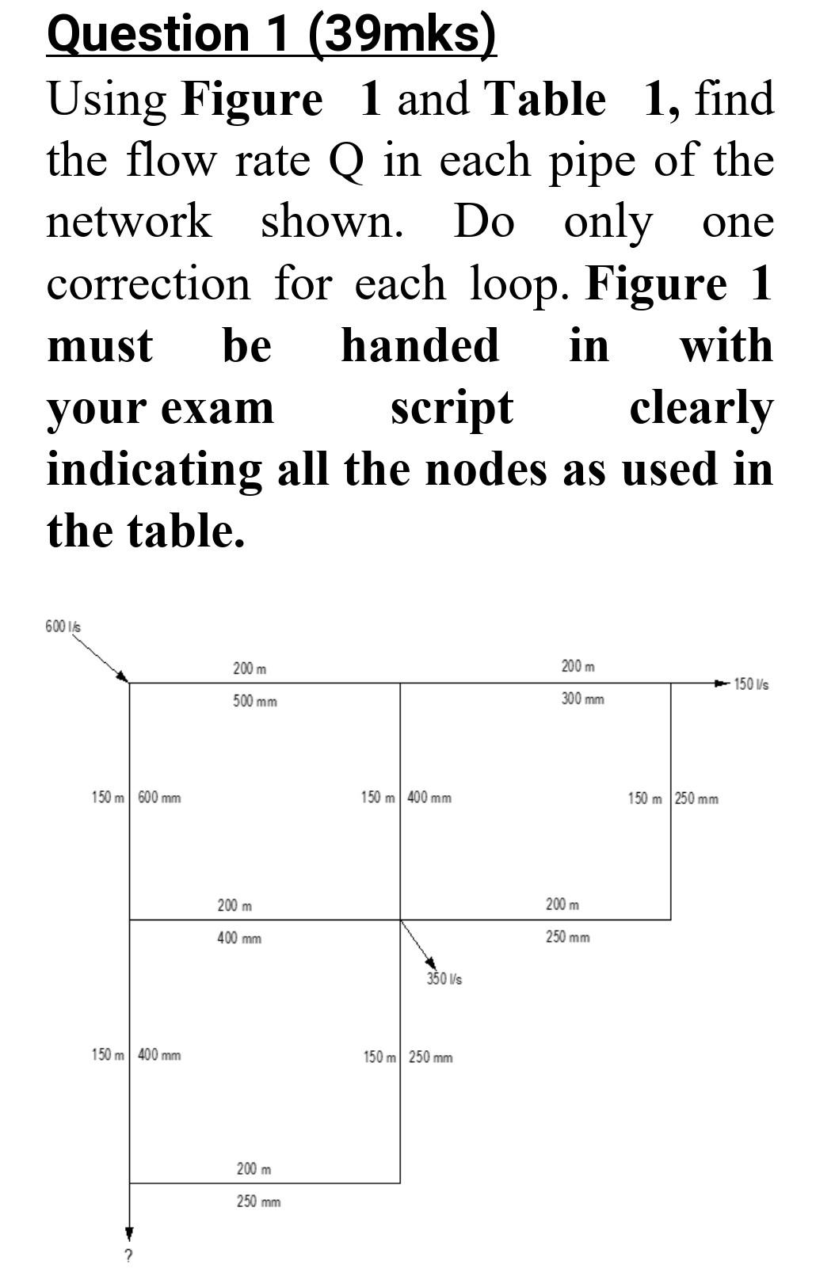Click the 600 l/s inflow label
click(x=63, y=627)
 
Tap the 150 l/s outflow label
click(x=751, y=684)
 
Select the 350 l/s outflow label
click(x=444, y=979)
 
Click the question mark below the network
click(x=129, y=1255)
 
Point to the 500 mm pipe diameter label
click(x=255, y=702)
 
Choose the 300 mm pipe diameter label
click(x=583, y=699)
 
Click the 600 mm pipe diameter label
click(x=159, y=798)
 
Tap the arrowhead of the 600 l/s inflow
click(x=122, y=676)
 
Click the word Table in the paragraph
click(x=546, y=100)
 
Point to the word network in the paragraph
click(x=129, y=221)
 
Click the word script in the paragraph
click(x=452, y=408)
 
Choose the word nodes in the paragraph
click(x=487, y=469)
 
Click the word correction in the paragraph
click(x=148, y=284)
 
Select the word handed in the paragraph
click(x=420, y=345)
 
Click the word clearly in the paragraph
click(x=701, y=408)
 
